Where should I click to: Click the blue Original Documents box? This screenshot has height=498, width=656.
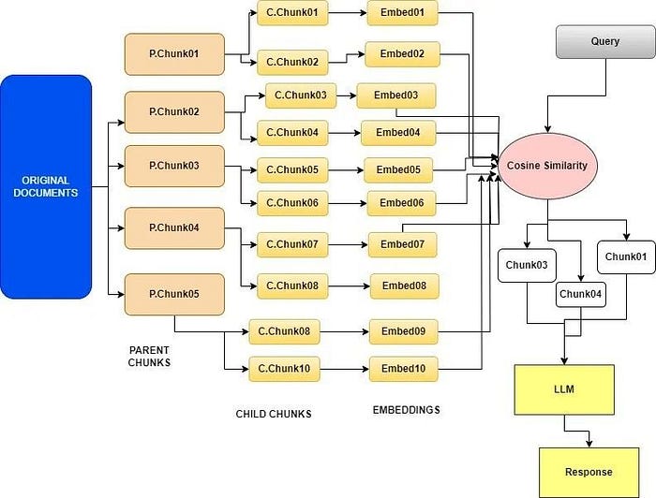click(x=46, y=186)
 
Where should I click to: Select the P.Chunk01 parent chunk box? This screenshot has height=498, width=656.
click(x=174, y=54)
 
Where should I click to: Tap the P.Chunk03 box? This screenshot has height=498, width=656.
click(x=174, y=166)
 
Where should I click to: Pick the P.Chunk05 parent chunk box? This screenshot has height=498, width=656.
click(x=174, y=294)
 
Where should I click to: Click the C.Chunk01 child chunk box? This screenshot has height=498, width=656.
click(x=292, y=14)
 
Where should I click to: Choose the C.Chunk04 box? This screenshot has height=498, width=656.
click(x=292, y=134)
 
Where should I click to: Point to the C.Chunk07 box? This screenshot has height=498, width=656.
click(x=292, y=245)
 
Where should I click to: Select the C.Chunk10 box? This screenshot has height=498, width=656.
click(x=283, y=369)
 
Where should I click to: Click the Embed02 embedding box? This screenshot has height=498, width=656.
click(x=402, y=54)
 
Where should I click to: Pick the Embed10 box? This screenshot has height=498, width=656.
click(x=403, y=369)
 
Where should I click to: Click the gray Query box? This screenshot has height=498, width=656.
click(x=605, y=42)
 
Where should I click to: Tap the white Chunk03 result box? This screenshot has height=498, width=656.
click(x=526, y=265)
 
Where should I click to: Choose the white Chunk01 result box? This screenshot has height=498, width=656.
click(x=626, y=256)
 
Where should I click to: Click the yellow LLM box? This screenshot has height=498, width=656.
click(x=564, y=388)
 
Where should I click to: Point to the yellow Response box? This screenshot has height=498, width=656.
click(x=588, y=472)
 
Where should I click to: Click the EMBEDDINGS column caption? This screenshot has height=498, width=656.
click(x=406, y=410)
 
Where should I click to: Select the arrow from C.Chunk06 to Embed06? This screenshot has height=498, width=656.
click(x=347, y=203)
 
